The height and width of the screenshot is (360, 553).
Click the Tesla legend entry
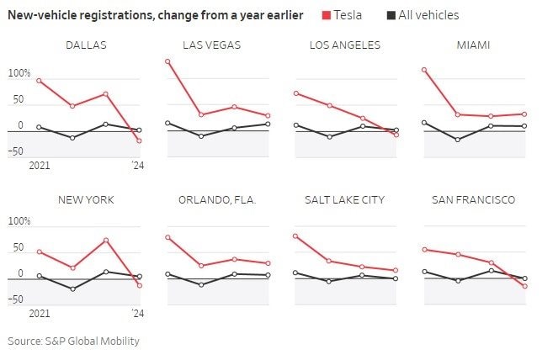point(343,15)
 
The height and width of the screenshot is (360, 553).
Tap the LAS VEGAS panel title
point(211,45)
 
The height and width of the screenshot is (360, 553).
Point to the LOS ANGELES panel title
point(345,45)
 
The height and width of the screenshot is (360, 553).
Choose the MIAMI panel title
point(473,45)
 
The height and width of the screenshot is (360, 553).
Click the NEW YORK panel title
point(86,199)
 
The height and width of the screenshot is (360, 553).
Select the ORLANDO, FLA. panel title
point(217,199)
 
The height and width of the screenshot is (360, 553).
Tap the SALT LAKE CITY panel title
point(346,199)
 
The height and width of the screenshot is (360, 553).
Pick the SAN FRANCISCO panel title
point(473,199)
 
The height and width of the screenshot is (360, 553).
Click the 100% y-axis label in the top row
point(19,74)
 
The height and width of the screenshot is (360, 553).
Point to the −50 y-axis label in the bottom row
point(17,299)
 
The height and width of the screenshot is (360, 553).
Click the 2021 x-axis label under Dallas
point(40,166)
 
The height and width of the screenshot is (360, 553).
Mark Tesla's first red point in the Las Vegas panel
point(167,61)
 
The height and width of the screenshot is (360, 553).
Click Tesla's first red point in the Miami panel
point(424,70)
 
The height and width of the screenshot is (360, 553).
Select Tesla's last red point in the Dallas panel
point(139,140)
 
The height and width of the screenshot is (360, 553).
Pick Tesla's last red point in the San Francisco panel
point(524,286)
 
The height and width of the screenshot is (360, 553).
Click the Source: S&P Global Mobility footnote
point(74,341)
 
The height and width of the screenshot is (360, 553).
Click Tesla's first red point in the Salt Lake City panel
point(295,236)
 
